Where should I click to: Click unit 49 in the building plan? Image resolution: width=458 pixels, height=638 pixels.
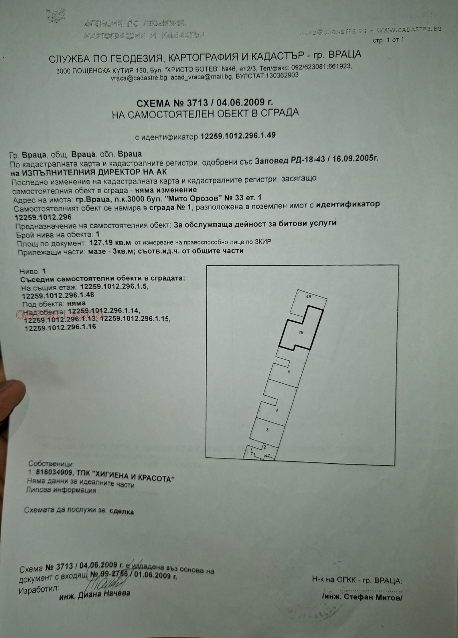pos(301,332)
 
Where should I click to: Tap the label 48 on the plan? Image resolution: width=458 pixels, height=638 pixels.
pos(308,297)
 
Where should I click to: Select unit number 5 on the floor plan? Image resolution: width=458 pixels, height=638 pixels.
pos(289,372)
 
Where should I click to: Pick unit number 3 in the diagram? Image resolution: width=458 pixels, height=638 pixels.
pos(267,430)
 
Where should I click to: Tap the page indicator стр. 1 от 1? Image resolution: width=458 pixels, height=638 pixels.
pos(388,40)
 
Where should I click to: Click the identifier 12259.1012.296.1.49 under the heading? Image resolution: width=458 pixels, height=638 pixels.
pos(238,136)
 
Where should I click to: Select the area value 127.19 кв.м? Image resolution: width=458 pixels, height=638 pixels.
pos(110,243)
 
